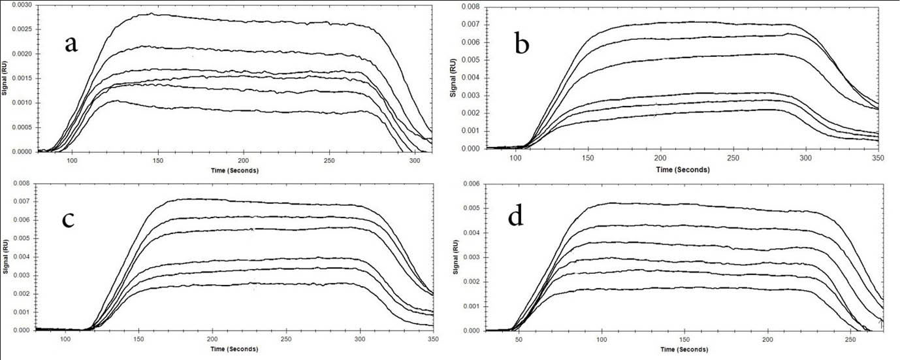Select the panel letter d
(x=515, y=216)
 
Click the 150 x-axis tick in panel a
(x=158, y=161)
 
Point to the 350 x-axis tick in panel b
(x=878, y=159)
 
